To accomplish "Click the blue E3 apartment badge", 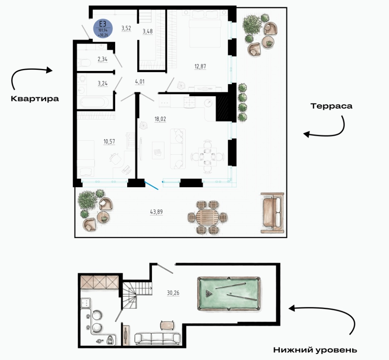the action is tap(103, 28).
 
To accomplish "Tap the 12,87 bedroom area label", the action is tap(200, 67).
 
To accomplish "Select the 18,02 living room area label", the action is tap(160, 119).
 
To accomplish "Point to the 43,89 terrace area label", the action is tap(156, 212).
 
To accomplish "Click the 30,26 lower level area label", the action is tap(173, 293).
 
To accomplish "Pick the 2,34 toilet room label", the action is tap(102, 59).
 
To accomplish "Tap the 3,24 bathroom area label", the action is tap(102, 83).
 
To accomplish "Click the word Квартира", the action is tap(35, 99).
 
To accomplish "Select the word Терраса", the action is tap(331, 106).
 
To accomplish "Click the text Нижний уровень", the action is tap(315, 350).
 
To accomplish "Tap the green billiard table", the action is tap(229, 294).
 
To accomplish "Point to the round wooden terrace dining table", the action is tap(208, 217).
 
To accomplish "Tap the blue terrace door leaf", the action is tap(151, 186).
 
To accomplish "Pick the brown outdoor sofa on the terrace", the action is tap(272, 213).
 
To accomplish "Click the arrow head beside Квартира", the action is tap(50, 70).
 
